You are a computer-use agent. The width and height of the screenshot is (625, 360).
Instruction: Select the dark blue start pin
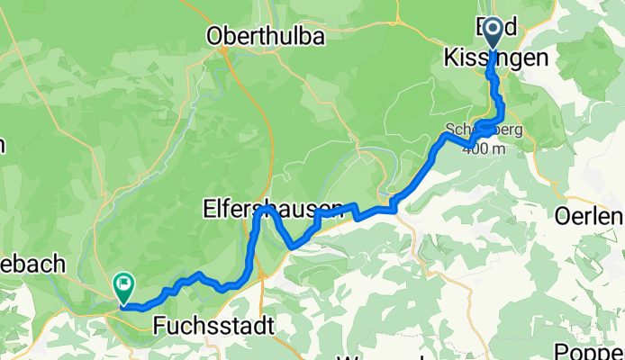click(x=494, y=34)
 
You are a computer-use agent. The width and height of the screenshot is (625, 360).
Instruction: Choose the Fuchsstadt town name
click(x=213, y=325)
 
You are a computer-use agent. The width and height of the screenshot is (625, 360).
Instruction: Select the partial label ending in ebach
click(x=34, y=264)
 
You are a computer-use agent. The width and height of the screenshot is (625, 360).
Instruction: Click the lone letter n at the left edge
click(x=3, y=143)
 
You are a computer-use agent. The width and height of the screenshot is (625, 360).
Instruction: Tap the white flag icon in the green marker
click(x=122, y=283)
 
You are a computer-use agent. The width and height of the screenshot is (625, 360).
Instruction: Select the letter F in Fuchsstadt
click(x=160, y=325)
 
